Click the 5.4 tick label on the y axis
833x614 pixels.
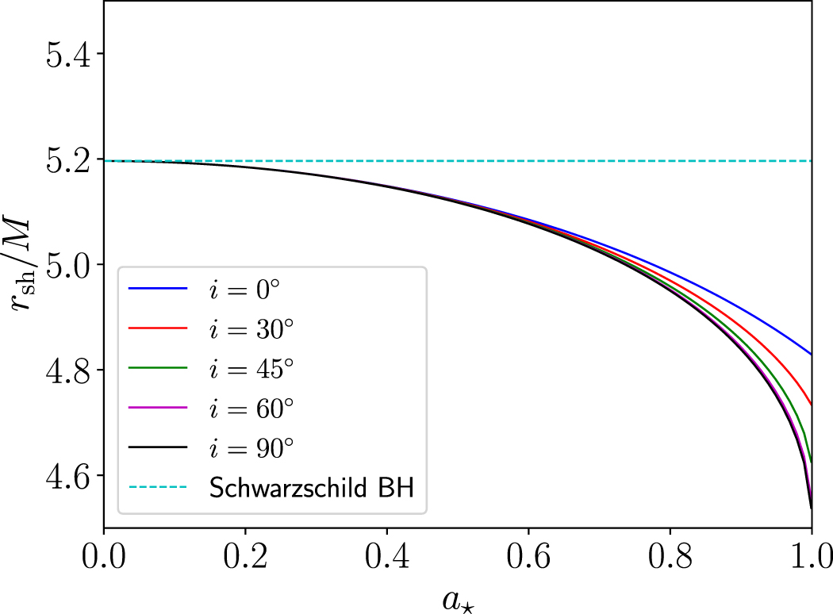pos(68,55)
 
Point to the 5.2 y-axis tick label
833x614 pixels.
pos(68,160)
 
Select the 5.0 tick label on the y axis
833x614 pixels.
pos(68,266)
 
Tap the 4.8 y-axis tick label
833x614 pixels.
pos(68,371)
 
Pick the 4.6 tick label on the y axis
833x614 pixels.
pos(68,477)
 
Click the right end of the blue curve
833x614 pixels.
pos(810,354)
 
